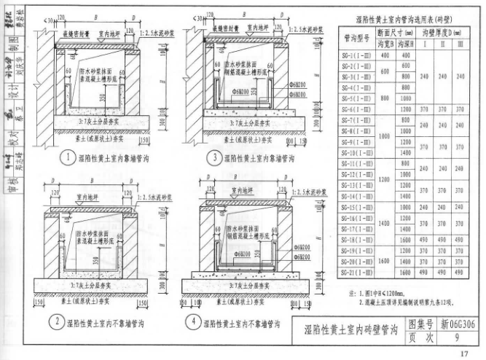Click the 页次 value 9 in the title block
tap(456, 338)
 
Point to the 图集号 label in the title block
tap(420, 324)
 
